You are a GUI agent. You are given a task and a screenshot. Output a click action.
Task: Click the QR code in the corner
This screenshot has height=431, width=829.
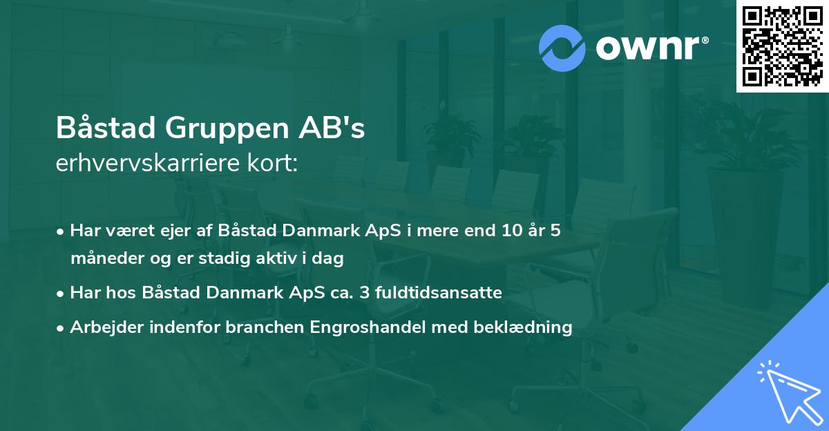click(x=782, y=46)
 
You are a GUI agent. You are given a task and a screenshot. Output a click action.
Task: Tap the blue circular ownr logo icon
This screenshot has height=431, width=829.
click(x=562, y=48)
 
